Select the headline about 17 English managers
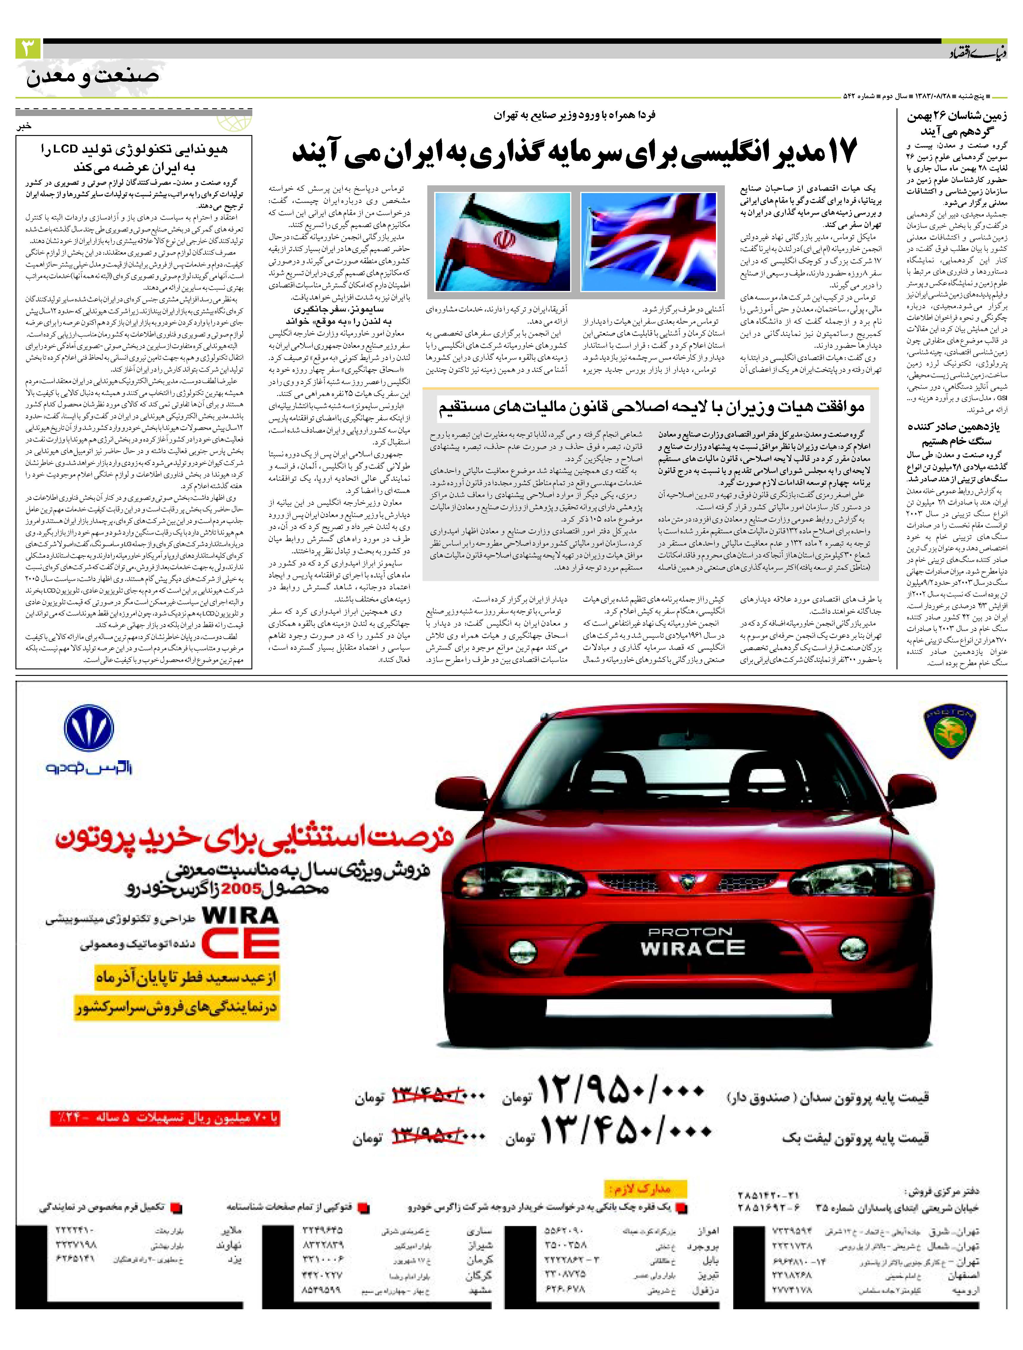(x=574, y=151)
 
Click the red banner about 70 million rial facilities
(x=165, y=1118)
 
